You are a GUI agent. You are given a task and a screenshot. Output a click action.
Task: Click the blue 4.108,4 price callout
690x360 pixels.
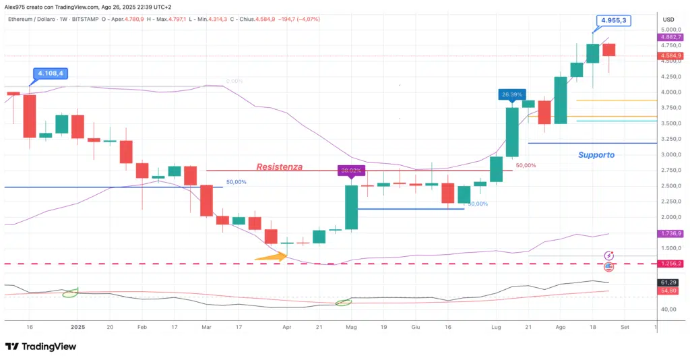tap(51, 73)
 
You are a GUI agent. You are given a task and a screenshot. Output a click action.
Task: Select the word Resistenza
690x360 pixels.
tap(279, 167)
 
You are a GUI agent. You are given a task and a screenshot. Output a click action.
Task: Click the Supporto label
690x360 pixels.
tap(596, 154)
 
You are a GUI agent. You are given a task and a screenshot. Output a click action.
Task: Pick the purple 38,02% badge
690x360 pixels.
tap(351, 171)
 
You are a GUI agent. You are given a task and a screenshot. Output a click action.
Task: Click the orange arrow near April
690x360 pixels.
tap(271, 256)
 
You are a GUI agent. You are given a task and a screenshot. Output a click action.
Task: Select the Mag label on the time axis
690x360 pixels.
tap(350, 326)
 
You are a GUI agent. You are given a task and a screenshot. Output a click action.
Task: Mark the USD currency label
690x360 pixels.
tap(668, 19)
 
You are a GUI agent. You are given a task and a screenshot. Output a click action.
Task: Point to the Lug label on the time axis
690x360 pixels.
tap(496, 326)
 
